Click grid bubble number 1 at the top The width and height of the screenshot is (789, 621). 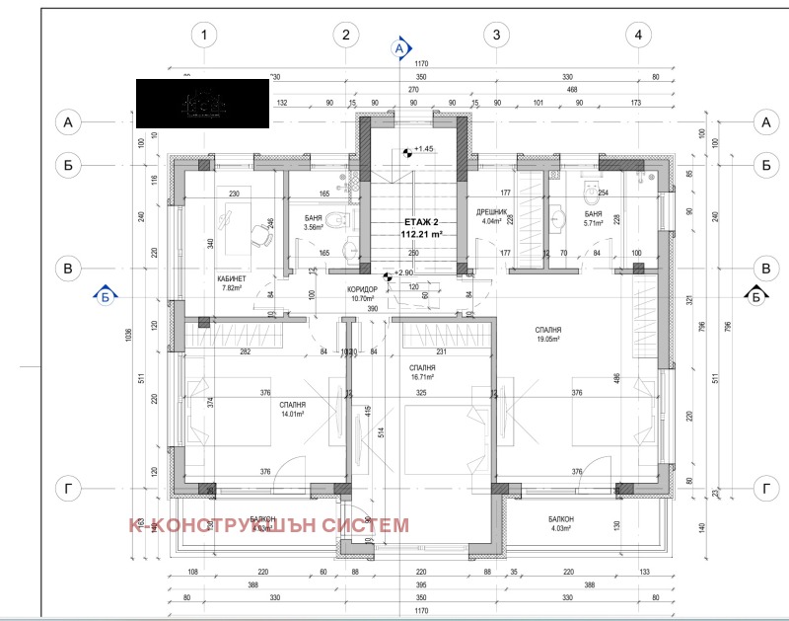(x=204, y=36)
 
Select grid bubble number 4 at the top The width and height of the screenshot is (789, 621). (x=640, y=36)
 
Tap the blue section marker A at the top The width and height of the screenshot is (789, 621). (x=399, y=46)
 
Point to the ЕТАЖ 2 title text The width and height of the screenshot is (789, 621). (x=421, y=223)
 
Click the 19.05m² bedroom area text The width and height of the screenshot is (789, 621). (x=549, y=339)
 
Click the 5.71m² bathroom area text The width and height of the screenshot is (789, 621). (x=594, y=224)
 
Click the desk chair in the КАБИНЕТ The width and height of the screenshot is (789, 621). (x=263, y=235)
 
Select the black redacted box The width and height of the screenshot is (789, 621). (x=202, y=102)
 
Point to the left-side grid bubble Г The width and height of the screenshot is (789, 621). (x=68, y=489)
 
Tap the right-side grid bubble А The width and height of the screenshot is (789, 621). (x=765, y=122)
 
